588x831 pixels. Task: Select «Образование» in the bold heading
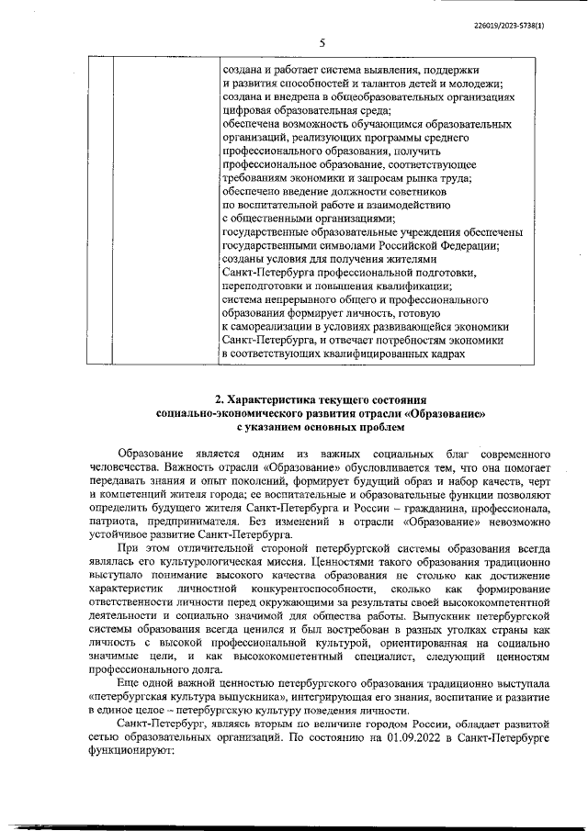447,413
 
